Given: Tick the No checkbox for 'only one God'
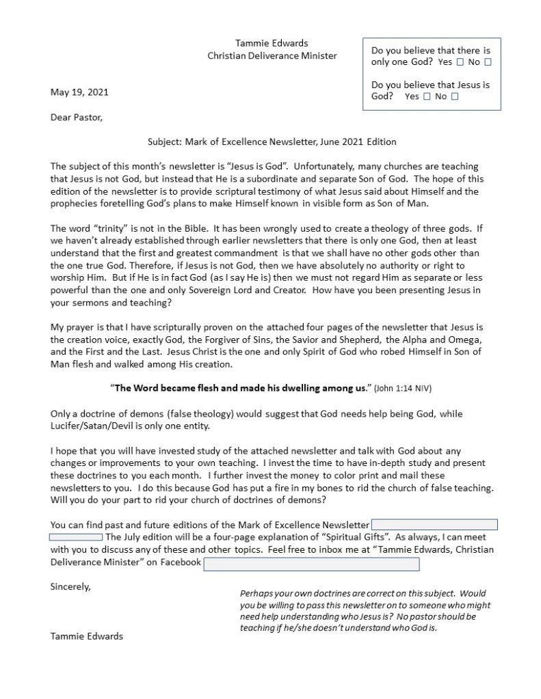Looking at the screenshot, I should [488, 62].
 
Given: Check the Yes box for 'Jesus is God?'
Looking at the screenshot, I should [427, 97].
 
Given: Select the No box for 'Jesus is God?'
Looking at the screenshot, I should [455, 97].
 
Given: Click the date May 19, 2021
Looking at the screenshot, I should [79, 92].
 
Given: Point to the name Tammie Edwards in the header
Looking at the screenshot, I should [272, 44].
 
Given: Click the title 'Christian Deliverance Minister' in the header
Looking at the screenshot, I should [272, 55].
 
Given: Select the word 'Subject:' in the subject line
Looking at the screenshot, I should [165, 142].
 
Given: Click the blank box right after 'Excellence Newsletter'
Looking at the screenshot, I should [434, 525].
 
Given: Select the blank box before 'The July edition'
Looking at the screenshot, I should [76, 537].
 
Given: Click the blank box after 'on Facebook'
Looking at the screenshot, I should [311, 564].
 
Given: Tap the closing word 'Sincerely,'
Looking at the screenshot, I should [70, 586].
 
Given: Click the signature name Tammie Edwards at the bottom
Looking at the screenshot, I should [87, 636].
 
